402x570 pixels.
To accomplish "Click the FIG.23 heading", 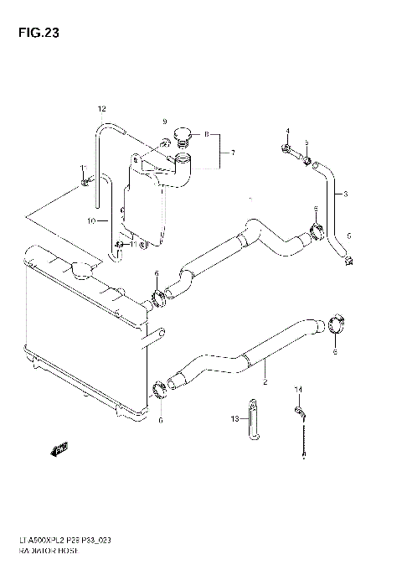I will (33, 34).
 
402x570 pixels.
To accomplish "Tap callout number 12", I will (102, 109).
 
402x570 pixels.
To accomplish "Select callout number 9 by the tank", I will (164, 122).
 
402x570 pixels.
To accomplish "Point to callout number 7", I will (233, 153).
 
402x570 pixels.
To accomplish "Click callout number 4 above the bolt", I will (286, 132).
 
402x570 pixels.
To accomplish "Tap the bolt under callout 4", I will (288, 151).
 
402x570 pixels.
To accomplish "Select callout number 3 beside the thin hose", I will (344, 194).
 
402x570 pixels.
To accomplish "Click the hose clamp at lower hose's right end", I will (334, 324).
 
